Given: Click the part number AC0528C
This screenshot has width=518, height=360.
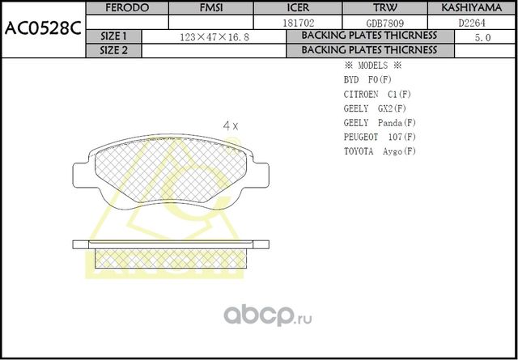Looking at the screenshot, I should (42, 29).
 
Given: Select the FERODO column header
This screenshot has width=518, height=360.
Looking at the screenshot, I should (128, 8).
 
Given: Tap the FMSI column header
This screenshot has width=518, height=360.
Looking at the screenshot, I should (212, 8).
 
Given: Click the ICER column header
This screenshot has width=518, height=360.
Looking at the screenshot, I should (298, 8).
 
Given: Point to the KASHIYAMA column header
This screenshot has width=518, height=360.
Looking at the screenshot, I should (473, 8).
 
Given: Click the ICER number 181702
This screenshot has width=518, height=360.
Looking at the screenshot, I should (298, 23).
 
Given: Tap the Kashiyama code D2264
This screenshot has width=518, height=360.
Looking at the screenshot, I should (473, 23).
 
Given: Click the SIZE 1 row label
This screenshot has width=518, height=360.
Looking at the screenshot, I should (113, 37).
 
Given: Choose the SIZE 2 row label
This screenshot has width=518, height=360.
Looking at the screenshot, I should (113, 50).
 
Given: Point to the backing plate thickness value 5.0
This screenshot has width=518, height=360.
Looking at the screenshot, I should (483, 37).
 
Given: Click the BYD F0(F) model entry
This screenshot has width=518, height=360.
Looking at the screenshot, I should (367, 80).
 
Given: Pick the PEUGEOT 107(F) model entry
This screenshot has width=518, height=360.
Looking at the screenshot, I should (380, 137).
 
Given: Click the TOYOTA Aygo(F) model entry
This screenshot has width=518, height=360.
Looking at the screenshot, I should (380, 151).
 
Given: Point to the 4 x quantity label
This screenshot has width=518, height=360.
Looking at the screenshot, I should (231, 125).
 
